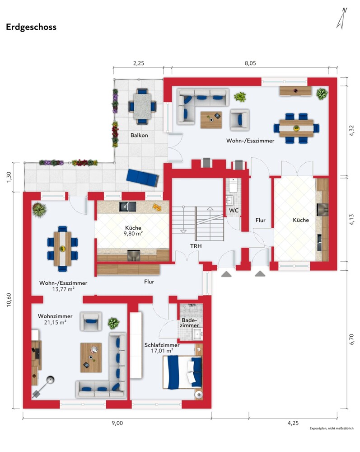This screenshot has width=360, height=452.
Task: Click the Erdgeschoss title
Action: coord(31,27)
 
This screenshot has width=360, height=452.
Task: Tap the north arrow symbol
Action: coord(341,18)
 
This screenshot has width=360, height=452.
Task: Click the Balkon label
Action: coord(139,135)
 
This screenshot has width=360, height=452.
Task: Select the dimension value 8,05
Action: coord(250,63)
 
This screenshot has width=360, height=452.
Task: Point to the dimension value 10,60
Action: coord(9,300)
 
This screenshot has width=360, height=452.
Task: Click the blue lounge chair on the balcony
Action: coord(143,178)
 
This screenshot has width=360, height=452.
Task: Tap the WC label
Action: coord(234,211)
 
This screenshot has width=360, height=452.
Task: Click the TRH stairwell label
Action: coord(196,246)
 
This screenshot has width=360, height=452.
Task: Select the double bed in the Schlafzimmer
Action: coord(182,372)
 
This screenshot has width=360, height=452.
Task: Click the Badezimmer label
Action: coord(190,323)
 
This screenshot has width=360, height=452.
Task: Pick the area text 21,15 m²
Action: coord(55,323)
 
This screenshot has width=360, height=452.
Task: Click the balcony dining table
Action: coord(141,106)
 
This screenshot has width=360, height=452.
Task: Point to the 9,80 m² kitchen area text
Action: coord(133,234)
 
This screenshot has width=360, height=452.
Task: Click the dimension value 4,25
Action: coord(293,423)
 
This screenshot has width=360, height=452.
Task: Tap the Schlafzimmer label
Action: coord(162,345)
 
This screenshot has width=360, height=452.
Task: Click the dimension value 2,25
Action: coord(139,63)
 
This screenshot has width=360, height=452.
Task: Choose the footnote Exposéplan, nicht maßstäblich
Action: coord(332,428)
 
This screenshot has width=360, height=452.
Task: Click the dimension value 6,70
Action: coord(352,339)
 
